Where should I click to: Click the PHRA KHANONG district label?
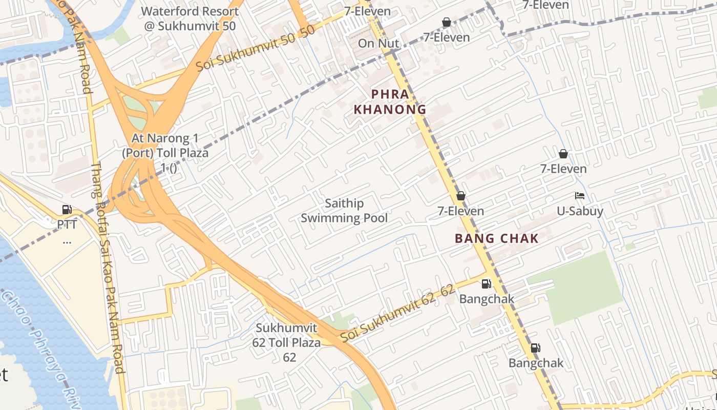tap(390, 101)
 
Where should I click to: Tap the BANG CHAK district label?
tap(497, 238)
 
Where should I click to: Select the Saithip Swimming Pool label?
tap(344, 211)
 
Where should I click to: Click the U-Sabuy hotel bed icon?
tap(580, 196)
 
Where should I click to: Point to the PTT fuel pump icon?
tap(67, 209)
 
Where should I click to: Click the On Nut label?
tap(378, 44)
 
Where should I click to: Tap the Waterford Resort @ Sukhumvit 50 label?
tap(190, 18)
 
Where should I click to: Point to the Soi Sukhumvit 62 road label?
tap(397, 313)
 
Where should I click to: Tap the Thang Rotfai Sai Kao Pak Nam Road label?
tap(108, 266)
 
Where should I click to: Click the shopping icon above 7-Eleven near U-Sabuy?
tap(563, 154)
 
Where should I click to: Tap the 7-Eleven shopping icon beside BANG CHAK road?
tap(460, 196)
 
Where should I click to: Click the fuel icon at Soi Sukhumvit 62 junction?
tap(486, 283)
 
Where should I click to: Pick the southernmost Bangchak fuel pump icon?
tap(535, 348)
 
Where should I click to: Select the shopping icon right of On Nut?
tap(446, 22)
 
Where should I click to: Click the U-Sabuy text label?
tap(580, 211)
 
